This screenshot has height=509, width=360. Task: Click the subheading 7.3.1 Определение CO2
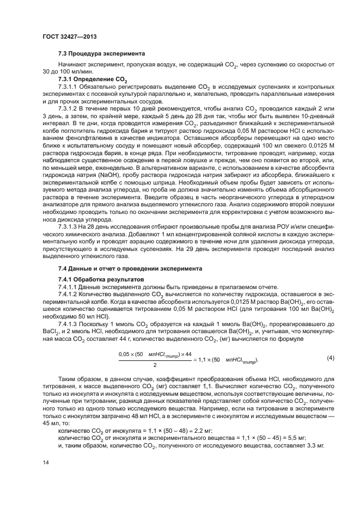(x=90, y=80)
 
